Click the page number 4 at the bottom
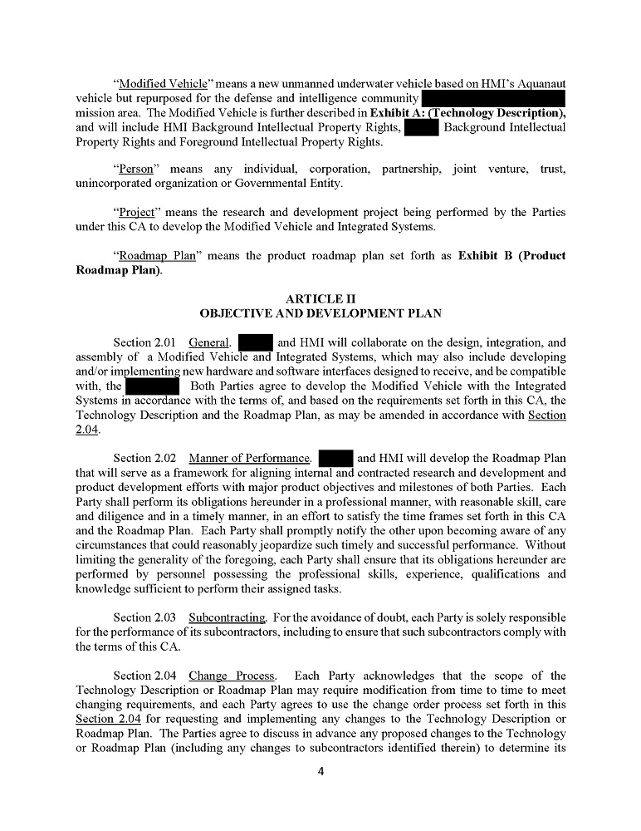tap(320, 771)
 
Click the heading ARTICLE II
tap(320, 298)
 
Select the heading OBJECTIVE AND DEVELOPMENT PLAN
tap(320, 313)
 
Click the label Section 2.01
tap(144, 342)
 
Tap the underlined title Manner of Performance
tap(249, 458)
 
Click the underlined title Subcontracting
tap(227, 617)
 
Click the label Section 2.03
tap(144, 617)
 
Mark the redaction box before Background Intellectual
tap(421, 127)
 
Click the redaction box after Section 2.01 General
tap(256, 342)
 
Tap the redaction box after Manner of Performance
tap(336, 458)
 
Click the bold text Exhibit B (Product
tap(511, 255)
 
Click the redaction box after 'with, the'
tap(152, 386)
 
